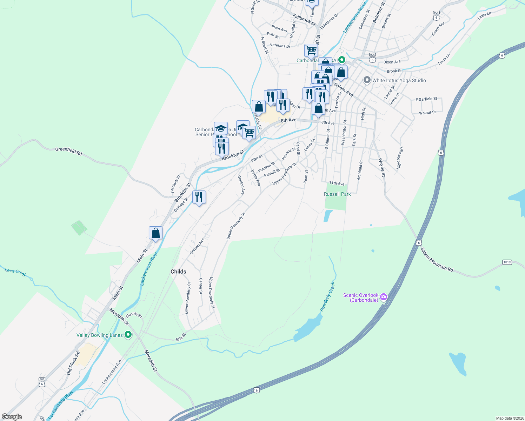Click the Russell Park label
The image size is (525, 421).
(337, 194)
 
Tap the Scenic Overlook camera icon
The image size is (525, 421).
(384, 297)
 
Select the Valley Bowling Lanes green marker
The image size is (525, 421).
(128, 335)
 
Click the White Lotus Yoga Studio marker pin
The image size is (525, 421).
(367, 80)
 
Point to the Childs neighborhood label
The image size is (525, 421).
(178, 272)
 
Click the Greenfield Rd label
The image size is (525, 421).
(69, 151)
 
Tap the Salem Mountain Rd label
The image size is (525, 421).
(437, 260)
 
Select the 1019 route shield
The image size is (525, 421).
(507, 262)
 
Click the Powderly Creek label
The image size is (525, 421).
(327, 297)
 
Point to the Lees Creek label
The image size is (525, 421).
(15, 272)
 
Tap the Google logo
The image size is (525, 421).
(12, 417)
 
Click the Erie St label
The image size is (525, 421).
(181, 338)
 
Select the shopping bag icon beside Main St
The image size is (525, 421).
(155, 233)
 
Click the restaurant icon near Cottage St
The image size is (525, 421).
(199, 198)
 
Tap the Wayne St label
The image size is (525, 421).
(382, 167)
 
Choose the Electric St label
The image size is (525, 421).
(134, 315)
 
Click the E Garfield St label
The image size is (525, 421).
(426, 99)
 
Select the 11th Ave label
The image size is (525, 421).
(337, 183)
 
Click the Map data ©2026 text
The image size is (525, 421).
(509, 418)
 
